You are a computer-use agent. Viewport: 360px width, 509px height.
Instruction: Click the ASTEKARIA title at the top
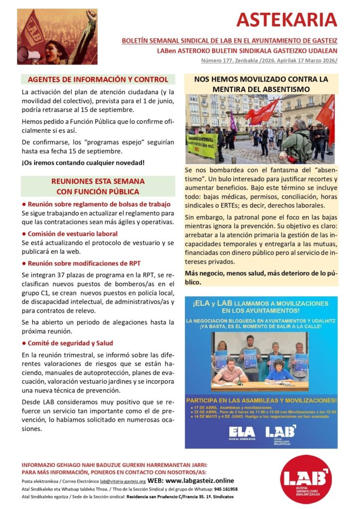click(287, 20)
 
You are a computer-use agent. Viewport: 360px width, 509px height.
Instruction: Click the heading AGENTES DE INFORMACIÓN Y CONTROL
click(98, 80)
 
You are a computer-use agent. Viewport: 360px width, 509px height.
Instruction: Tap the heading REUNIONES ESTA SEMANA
click(98, 181)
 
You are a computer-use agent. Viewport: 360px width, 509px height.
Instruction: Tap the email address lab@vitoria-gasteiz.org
click(123, 482)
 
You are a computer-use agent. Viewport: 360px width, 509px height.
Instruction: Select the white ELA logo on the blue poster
click(242, 431)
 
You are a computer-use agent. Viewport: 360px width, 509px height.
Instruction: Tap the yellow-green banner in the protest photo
click(202, 144)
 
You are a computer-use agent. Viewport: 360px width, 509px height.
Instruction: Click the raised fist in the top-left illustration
click(91, 16)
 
